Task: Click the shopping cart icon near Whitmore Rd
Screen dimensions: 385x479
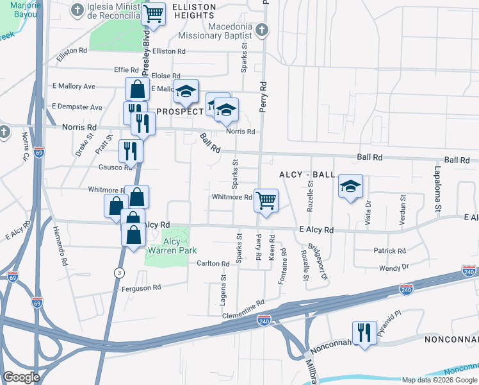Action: click(266, 200)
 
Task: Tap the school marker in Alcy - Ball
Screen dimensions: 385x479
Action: click(350, 186)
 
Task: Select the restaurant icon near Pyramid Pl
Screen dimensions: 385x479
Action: click(364, 332)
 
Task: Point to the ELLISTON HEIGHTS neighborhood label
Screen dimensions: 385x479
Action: click(195, 6)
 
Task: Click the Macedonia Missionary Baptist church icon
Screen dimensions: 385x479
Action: click(263, 28)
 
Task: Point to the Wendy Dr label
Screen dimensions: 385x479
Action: click(394, 266)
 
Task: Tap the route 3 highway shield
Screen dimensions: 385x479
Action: click(118, 272)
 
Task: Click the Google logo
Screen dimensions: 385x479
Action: click(22, 377)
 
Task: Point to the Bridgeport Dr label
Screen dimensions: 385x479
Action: click(319, 262)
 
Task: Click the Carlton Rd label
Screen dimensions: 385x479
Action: click(213, 264)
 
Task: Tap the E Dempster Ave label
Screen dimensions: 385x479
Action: click(77, 107)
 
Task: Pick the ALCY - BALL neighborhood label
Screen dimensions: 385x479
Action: click(307, 175)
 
